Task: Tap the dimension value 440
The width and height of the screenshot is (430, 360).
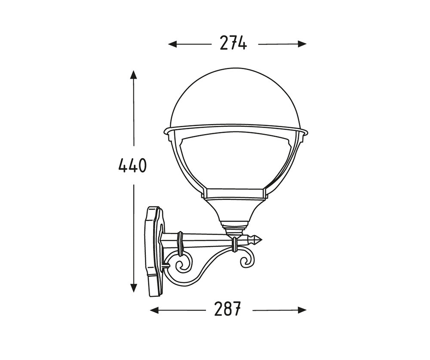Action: click(132, 166)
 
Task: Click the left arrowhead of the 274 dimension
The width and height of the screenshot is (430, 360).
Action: click(172, 44)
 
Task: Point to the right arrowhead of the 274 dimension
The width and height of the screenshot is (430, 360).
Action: click(302, 44)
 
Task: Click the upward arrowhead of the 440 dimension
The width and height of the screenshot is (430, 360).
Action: click(134, 75)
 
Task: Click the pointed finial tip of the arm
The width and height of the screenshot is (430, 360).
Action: click(262, 240)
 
